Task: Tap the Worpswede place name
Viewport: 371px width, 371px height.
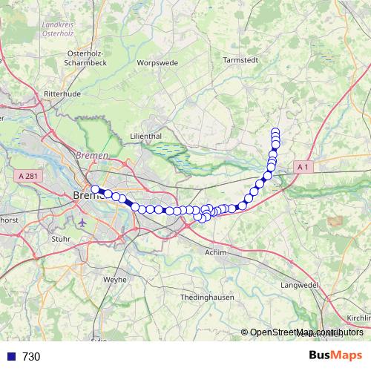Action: [x=158, y=63]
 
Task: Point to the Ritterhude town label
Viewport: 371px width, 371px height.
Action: [x=61, y=94]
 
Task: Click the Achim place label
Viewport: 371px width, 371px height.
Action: [x=215, y=253]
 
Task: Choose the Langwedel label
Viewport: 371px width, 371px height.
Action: [x=299, y=285]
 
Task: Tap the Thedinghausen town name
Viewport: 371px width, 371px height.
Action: [x=207, y=297]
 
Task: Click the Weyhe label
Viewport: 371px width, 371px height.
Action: [x=115, y=280]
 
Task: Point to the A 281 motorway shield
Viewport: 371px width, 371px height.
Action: [x=29, y=176]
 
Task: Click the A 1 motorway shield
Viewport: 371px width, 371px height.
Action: [x=302, y=168]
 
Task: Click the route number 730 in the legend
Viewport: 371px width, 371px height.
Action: [x=31, y=356]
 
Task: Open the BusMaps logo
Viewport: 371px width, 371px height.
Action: [x=335, y=355]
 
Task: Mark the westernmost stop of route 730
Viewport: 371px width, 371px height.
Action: [x=96, y=189]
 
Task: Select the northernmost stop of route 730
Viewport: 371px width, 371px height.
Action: [x=275, y=131]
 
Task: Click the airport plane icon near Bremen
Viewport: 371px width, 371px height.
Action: [x=81, y=221]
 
